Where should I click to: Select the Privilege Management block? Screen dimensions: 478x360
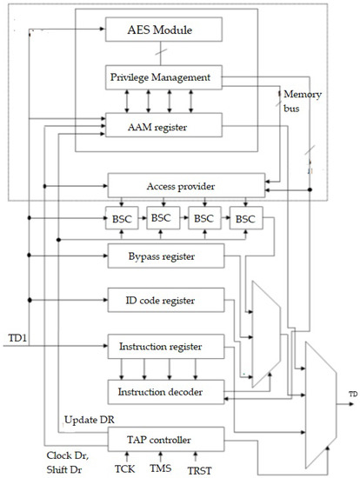tap(159, 77)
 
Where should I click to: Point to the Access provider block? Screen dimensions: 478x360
tap(185, 184)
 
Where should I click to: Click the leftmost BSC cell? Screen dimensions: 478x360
tap(121, 218)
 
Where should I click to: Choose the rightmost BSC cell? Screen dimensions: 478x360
tap(245, 218)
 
